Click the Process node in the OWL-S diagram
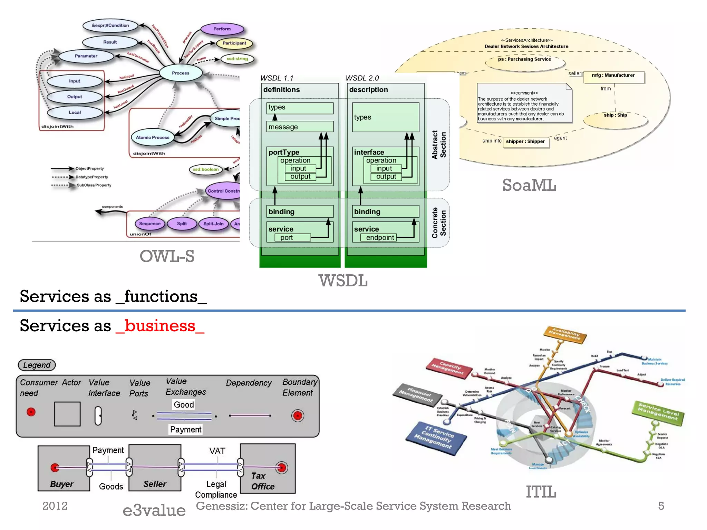[181, 73]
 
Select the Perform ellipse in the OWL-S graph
[222, 29]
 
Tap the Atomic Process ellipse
[152, 137]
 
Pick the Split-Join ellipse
[213, 224]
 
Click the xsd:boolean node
[206, 169]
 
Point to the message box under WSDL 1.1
[300, 127]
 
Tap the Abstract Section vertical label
[439, 145]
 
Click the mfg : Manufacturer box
[613, 76]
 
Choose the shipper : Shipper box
[525, 141]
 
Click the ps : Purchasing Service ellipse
[525, 60]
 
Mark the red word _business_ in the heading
[160, 326]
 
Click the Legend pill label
[37, 365]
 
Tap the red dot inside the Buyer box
[55, 468]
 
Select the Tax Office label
[263, 481]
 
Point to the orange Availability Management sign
[565, 334]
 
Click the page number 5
[661, 506]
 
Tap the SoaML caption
[529, 185]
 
